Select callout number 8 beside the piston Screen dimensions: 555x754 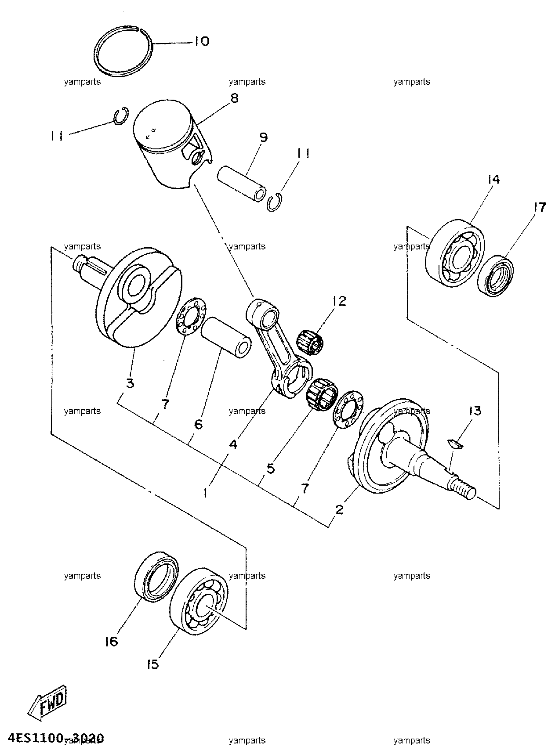pos(235,98)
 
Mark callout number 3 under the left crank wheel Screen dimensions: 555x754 pos(130,383)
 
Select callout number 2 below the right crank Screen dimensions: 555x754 pos(339,510)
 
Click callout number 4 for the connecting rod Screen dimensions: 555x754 pos(233,445)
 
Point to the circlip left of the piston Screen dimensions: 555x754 pos(120,115)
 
